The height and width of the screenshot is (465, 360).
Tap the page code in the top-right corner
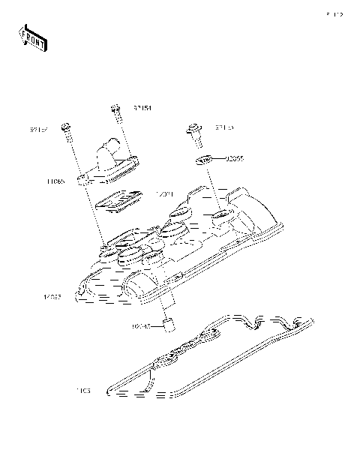[x=334, y=14]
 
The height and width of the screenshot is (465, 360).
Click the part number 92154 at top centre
[x=142, y=108]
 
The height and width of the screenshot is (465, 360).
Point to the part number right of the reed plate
[x=164, y=194]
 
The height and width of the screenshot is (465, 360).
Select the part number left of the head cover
[x=53, y=298]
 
